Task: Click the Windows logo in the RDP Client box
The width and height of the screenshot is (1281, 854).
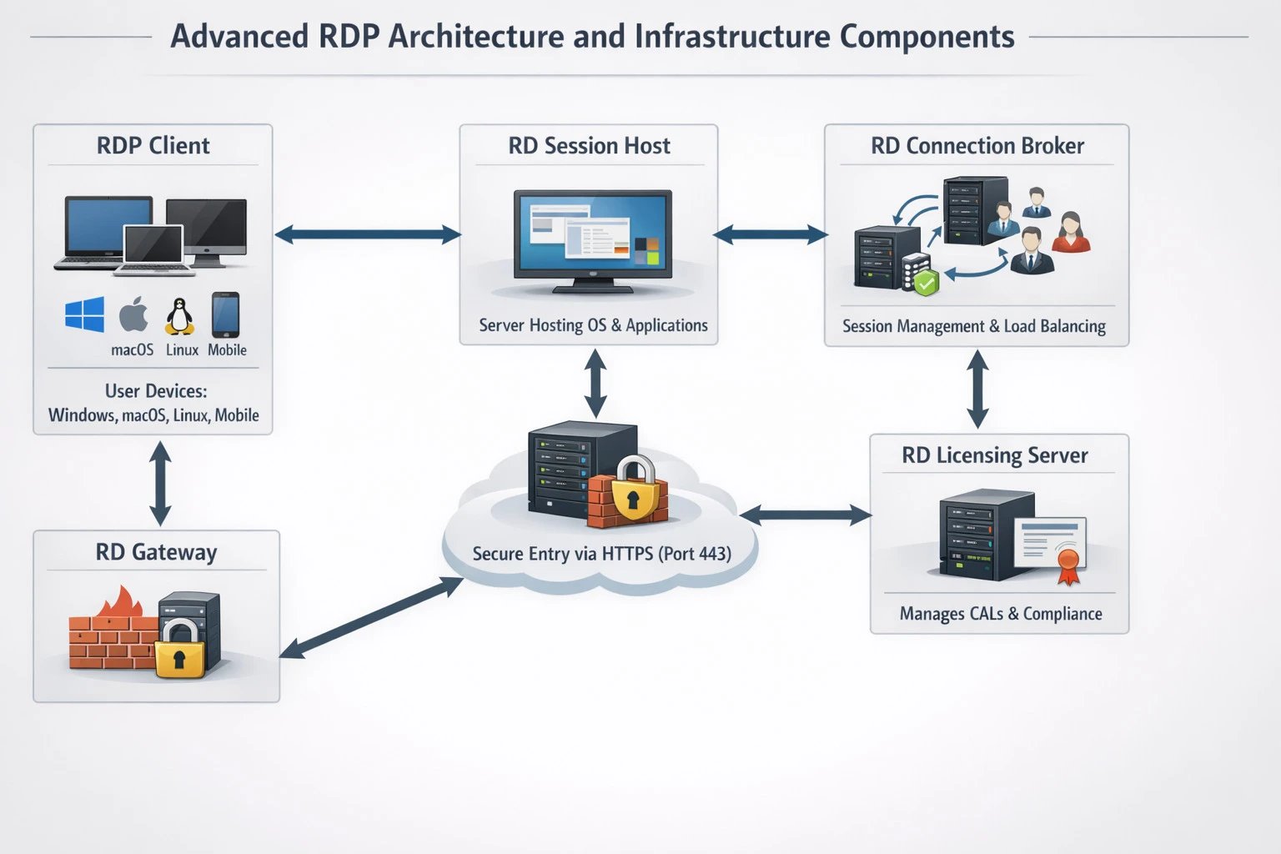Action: tap(85, 315)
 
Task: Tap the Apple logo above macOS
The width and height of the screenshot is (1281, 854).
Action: tap(133, 315)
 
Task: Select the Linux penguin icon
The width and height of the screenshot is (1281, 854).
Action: tap(179, 317)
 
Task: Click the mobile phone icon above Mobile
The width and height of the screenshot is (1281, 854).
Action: tap(225, 314)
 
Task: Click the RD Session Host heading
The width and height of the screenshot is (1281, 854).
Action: tap(589, 146)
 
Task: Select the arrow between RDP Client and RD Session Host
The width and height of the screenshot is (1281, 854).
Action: tap(367, 235)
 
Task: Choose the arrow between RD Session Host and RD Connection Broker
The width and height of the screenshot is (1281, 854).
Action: tap(771, 235)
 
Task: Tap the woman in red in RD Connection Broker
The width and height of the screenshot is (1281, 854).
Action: tap(1071, 233)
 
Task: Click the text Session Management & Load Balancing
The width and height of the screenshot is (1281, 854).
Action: tap(973, 326)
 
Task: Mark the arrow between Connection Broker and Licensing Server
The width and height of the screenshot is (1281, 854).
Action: tap(977, 389)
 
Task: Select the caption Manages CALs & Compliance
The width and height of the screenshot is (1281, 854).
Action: tap(1000, 614)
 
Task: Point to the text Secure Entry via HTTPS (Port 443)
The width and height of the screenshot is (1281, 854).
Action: tap(601, 554)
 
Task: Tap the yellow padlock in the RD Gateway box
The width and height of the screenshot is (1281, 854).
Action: tap(179, 651)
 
